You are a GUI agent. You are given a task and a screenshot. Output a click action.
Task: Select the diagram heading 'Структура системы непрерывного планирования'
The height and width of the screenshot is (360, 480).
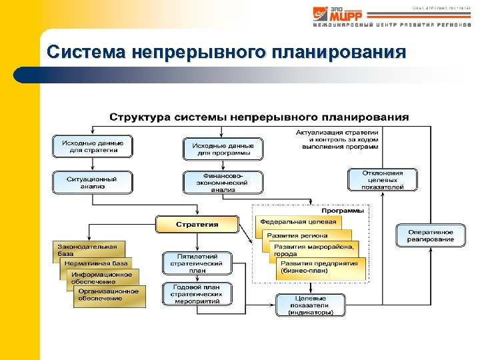pos(259,117)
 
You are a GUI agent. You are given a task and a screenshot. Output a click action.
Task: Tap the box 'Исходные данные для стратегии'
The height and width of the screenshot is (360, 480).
pos(93,147)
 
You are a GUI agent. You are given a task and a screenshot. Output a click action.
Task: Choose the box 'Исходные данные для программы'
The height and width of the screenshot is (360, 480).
pos(223,149)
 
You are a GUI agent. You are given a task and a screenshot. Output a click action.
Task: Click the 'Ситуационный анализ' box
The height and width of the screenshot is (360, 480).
pos(93,182)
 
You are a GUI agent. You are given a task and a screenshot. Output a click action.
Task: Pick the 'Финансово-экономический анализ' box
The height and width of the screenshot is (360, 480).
pos(223,182)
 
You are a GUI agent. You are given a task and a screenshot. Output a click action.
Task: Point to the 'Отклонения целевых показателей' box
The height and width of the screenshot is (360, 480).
pos(383,179)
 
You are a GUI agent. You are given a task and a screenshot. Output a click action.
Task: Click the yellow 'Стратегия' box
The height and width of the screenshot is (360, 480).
pos(197,224)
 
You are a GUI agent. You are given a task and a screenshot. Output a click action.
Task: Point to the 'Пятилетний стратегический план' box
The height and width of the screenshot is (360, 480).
pos(197,263)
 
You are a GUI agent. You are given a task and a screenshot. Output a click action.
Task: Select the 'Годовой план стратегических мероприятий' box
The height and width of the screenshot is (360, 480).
pos(197,294)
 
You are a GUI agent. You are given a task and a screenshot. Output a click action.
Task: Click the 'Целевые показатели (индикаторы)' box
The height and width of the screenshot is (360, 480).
pos(311,305)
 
